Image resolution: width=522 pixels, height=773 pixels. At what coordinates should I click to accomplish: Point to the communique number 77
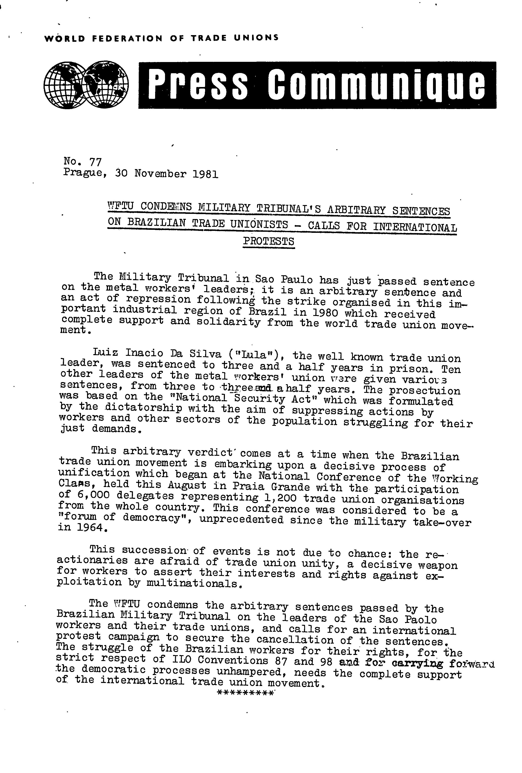click(95, 162)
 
